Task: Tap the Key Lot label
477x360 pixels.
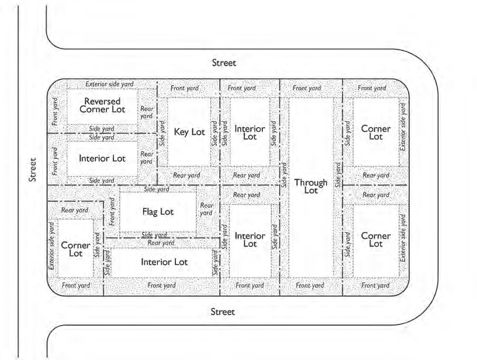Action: click(189, 132)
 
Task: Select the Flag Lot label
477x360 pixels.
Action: click(158, 212)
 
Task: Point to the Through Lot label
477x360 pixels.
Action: click(311, 186)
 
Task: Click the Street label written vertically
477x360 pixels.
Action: click(33, 170)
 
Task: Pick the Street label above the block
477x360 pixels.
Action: click(224, 63)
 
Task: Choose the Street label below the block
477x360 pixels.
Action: click(223, 312)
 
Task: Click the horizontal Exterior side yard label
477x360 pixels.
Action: click(110, 84)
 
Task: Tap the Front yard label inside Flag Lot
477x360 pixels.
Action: click(112, 212)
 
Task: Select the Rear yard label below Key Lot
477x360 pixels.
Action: click(187, 175)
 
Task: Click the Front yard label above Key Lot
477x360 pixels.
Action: click(184, 88)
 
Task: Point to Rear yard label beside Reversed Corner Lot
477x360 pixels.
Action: click(147, 112)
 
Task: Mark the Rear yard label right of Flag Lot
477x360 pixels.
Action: click(206, 209)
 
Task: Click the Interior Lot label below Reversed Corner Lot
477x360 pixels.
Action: click(102, 158)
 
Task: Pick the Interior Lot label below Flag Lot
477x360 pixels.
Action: click(164, 262)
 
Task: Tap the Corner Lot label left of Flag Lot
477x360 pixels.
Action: click(76, 249)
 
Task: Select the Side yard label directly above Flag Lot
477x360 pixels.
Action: click(156, 189)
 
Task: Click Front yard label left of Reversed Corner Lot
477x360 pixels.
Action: click(55, 111)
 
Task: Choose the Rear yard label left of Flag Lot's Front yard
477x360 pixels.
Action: click(75, 210)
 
